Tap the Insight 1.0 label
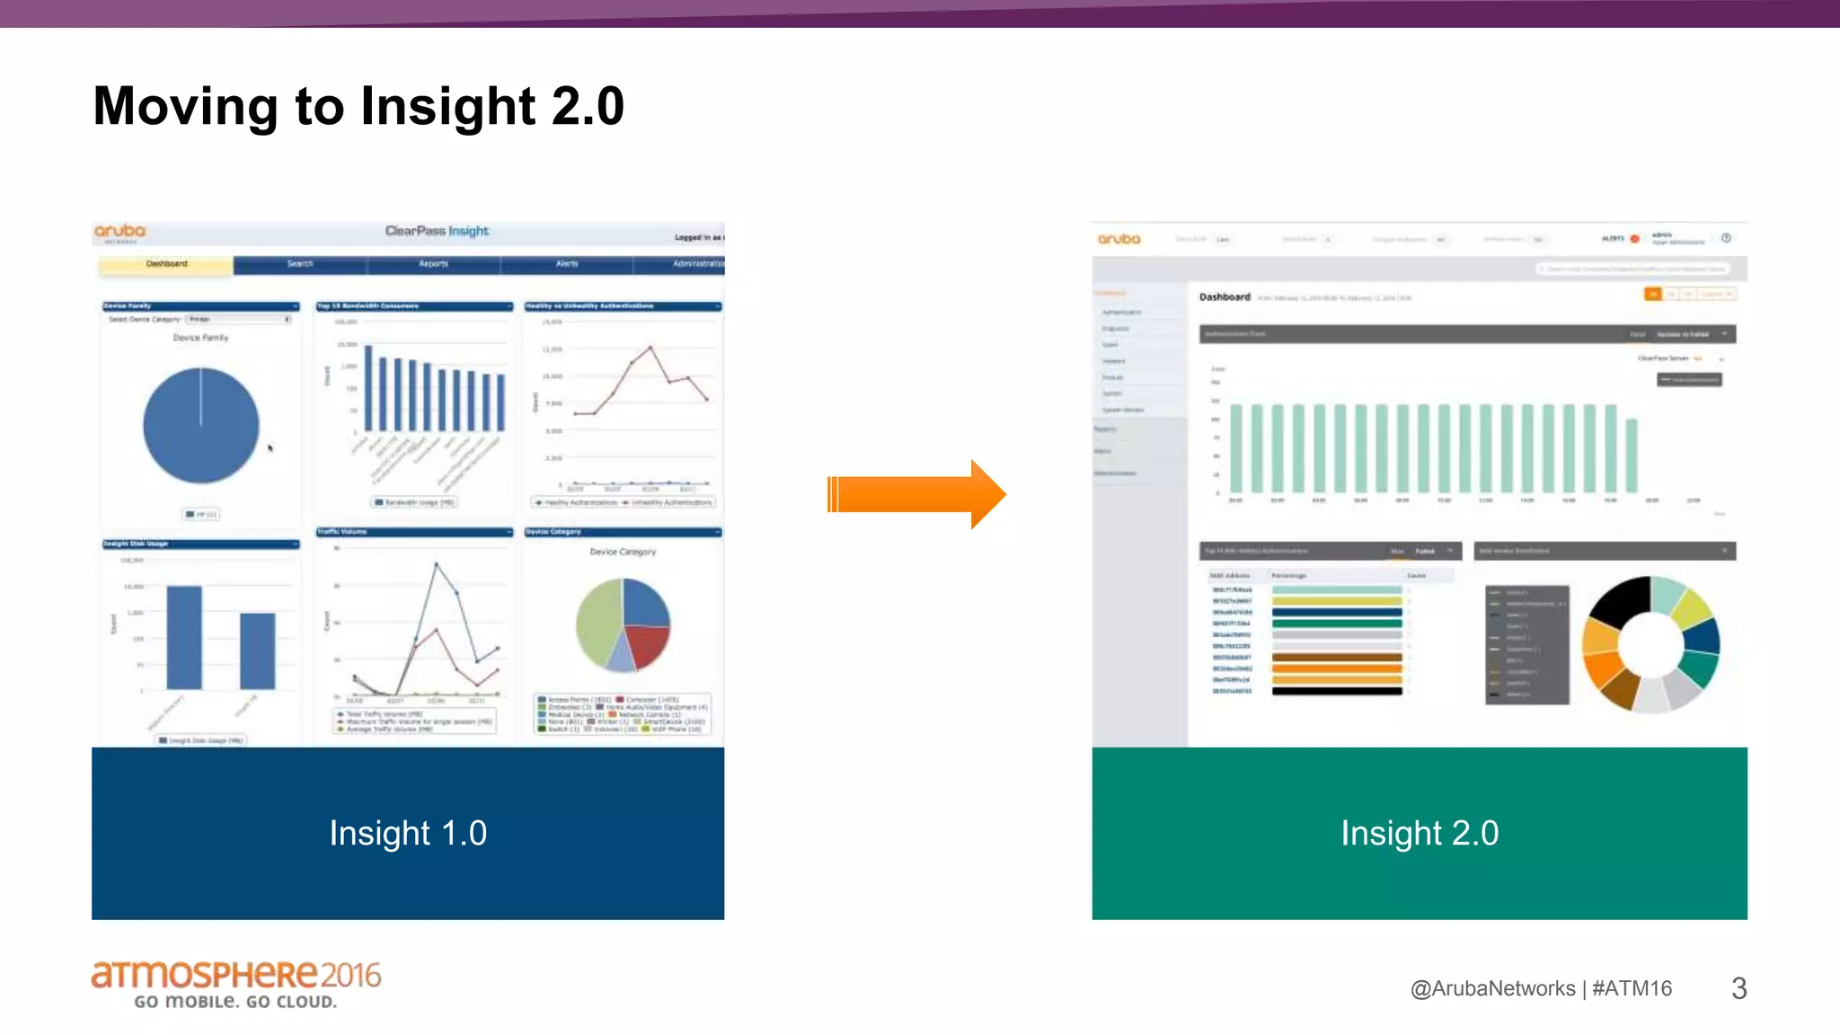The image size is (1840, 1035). pos(408,833)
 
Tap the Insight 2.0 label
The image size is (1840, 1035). pos(1420,833)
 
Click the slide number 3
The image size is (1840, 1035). pos(1738,988)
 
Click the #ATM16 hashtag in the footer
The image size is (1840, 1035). pos(1632,988)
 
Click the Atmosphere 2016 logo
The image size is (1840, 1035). pos(235,984)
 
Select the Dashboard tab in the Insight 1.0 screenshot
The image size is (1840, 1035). pos(166,264)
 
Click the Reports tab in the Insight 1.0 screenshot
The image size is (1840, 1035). pos(433,264)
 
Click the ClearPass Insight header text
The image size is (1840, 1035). pos(437,231)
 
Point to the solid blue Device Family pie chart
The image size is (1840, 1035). pos(201,426)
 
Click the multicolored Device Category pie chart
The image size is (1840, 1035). pos(623,624)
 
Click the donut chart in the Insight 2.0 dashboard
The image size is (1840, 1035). pos(1650,643)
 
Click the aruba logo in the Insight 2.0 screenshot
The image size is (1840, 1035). pos(1119,239)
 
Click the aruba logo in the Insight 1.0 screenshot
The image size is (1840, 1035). pos(119,232)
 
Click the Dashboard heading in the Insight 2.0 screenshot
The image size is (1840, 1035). pos(1225,296)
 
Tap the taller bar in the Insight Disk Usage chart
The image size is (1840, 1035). pos(184,637)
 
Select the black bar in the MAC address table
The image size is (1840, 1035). pos(1337,691)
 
